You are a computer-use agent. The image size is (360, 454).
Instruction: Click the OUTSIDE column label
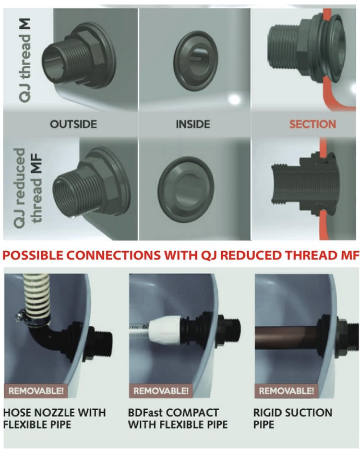point(73,124)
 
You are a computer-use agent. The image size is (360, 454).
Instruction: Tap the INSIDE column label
point(192,124)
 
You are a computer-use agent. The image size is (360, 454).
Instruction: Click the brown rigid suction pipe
point(293,332)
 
